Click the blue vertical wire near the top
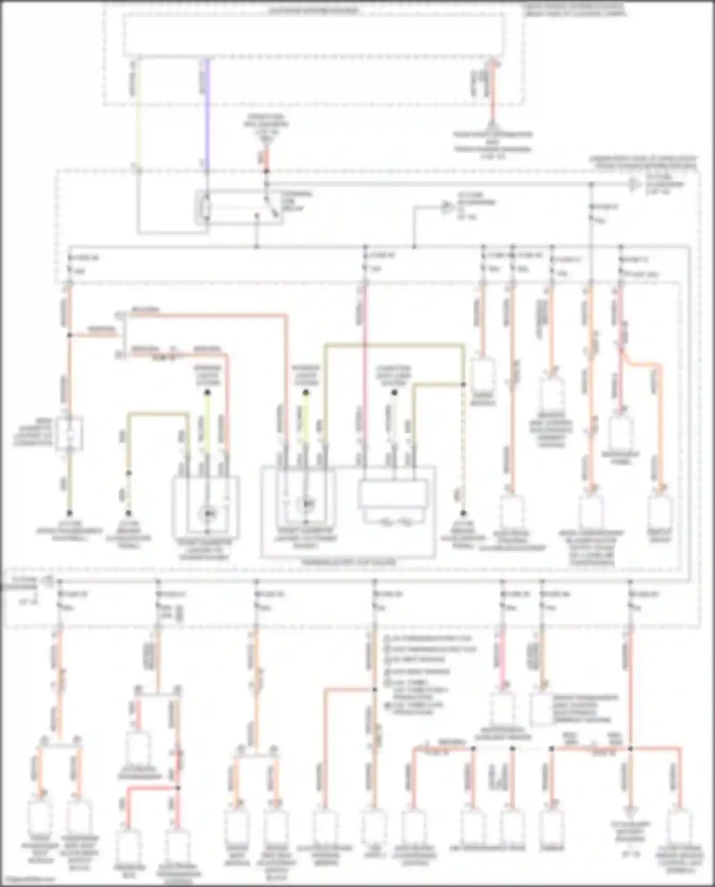207,114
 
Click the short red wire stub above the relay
266,157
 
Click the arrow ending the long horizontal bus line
634,184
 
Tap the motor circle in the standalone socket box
207,514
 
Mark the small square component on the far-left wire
70,434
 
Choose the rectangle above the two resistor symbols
393,494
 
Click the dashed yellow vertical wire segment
463,448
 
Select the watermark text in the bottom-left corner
29,879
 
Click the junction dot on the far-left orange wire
70,335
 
